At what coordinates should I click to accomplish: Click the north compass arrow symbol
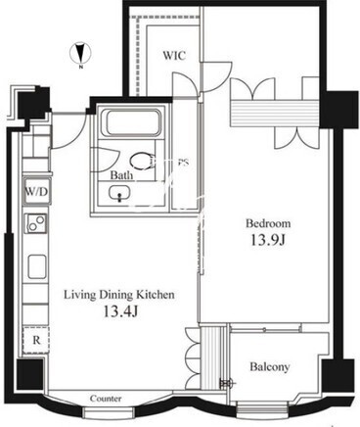(x=80, y=55)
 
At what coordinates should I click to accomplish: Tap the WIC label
(x=174, y=55)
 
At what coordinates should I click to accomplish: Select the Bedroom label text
(x=268, y=223)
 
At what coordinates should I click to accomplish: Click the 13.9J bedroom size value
(x=268, y=240)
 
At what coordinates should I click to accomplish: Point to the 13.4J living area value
(x=121, y=311)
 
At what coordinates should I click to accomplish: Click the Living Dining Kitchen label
(x=119, y=295)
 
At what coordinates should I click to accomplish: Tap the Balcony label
(x=270, y=366)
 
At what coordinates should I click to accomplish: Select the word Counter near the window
(x=106, y=399)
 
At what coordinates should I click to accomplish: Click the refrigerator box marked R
(x=36, y=340)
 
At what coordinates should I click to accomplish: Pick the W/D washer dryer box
(x=37, y=191)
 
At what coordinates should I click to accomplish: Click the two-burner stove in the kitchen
(x=36, y=223)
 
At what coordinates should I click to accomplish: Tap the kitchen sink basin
(x=37, y=266)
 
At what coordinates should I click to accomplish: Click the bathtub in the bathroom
(x=131, y=123)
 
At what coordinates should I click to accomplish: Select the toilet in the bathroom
(x=143, y=162)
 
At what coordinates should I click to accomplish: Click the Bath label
(x=122, y=175)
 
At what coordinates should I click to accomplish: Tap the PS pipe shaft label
(x=183, y=163)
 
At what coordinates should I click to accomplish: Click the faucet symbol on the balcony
(x=227, y=382)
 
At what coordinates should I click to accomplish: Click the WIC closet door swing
(x=185, y=84)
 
